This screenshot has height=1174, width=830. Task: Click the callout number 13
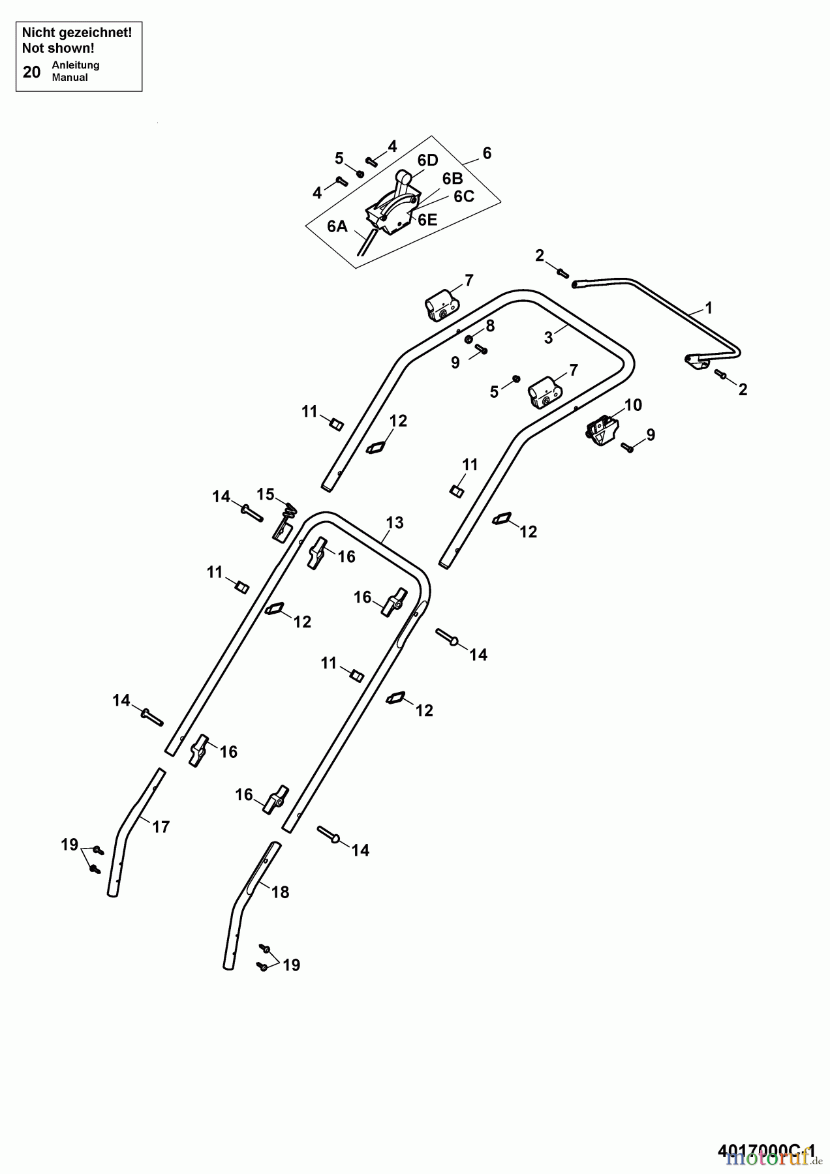pyautogui.click(x=395, y=522)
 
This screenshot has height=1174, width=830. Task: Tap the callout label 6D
pyautogui.click(x=427, y=160)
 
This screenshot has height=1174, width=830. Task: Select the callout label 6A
pyautogui.click(x=337, y=226)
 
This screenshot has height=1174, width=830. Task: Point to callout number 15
pyautogui.click(x=266, y=494)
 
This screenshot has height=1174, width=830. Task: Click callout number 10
pyautogui.click(x=633, y=405)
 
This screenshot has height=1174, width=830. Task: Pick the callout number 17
pyautogui.click(x=161, y=827)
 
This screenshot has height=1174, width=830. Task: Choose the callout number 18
pyautogui.click(x=280, y=892)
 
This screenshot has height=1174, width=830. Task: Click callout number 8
pyautogui.click(x=489, y=325)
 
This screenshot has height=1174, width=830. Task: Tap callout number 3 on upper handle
pyautogui.click(x=549, y=337)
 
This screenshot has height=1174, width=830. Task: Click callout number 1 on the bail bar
pyautogui.click(x=709, y=308)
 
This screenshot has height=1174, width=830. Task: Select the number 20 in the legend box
pyautogui.click(x=31, y=72)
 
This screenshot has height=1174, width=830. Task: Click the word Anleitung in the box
pyautogui.click(x=75, y=65)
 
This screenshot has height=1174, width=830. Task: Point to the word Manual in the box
pyautogui.click(x=70, y=78)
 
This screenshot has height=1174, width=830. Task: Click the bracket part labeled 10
pyautogui.click(x=602, y=431)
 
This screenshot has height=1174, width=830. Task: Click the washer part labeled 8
pyautogui.click(x=469, y=339)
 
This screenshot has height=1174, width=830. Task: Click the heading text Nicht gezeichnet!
pyautogui.click(x=77, y=33)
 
